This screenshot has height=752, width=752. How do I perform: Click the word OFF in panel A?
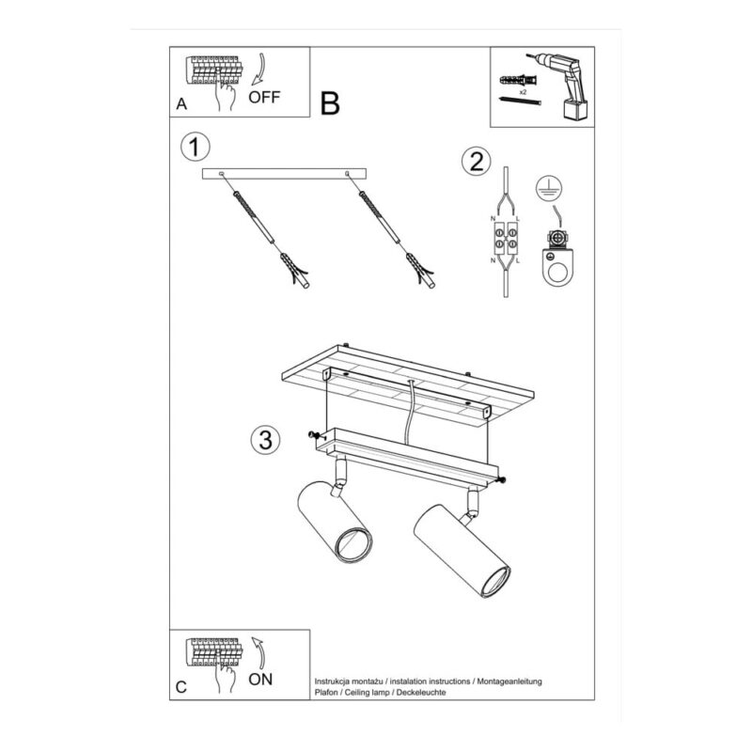[x=264, y=97]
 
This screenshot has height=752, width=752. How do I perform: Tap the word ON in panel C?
[x=260, y=679]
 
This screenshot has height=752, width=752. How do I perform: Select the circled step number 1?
[x=196, y=147]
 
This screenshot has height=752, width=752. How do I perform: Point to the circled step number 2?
[x=477, y=161]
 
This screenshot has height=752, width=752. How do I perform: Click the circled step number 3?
[x=266, y=440]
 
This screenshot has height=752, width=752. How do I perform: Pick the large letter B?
[x=330, y=103]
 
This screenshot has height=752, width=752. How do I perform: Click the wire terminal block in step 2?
[x=506, y=239]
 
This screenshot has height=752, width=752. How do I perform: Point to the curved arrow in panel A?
[x=260, y=70]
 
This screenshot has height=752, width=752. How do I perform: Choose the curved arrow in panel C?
[x=259, y=653]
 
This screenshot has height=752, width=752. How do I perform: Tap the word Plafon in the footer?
[x=325, y=692]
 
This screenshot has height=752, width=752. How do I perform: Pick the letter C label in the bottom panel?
[x=180, y=687]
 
